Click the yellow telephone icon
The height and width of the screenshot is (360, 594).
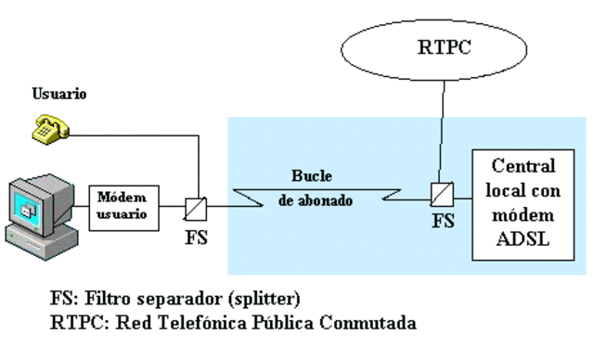[49, 129]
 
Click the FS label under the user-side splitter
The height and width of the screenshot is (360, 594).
[196, 237]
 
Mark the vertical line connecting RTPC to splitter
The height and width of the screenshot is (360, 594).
[440, 130]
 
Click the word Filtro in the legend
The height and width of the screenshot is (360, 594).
[99, 302]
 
